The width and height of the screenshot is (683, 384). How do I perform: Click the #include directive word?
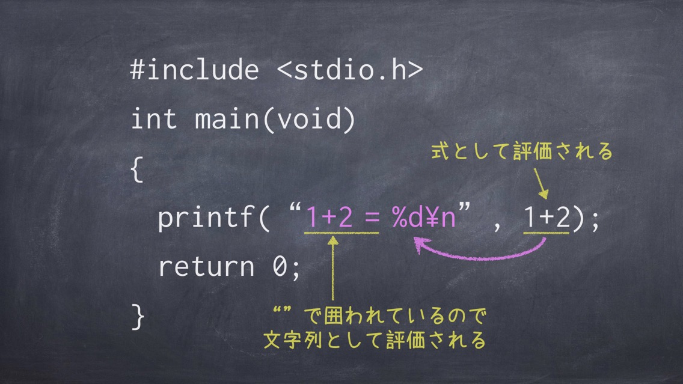coord(195,70)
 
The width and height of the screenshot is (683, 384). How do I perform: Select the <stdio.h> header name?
coord(350,70)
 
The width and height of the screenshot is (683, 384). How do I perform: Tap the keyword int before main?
coord(154,118)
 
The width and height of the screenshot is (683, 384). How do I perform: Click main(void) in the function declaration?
coord(275,119)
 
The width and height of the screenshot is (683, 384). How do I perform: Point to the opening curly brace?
coord(137,169)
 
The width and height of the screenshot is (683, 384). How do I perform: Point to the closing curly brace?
coord(138,317)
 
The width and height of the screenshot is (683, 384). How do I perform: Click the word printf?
coord(206,218)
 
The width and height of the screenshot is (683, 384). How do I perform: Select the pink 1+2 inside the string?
coord(329,217)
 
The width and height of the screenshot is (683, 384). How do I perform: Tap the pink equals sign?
coord(372,218)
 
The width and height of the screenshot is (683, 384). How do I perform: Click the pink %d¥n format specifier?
coord(424,217)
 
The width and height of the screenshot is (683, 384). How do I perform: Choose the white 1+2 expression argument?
coord(547,217)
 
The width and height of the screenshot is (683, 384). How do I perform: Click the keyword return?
coord(206,266)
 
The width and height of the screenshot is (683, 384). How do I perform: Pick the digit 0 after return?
coord(280,266)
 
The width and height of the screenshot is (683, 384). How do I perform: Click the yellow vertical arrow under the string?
coord(333,268)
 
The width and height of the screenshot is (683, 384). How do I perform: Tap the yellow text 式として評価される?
coord(522,151)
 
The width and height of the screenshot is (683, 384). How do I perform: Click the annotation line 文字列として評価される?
coord(375,340)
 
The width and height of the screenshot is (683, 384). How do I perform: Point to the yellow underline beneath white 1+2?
coord(547,234)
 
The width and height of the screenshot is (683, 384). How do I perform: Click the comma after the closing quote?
coord(497,227)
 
